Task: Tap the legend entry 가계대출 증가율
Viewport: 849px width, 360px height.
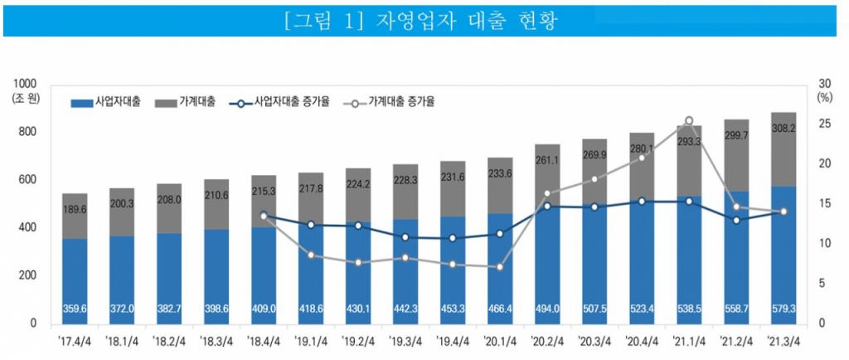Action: (x=391, y=101)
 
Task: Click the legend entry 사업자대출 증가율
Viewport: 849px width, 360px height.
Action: (x=281, y=101)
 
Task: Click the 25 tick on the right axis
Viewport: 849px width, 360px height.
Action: (x=822, y=124)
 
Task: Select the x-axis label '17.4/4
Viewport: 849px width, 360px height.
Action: (x=75, y=340)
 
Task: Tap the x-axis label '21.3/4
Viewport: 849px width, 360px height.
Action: (x=784, y=340)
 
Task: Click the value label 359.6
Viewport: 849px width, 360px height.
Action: (x=75, y=309)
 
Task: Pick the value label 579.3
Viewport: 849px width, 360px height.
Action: (x=784, y=309)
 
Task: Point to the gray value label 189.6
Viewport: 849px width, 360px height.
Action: (x=75, y=210)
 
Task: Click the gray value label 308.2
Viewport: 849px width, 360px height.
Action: (x=784, y=129)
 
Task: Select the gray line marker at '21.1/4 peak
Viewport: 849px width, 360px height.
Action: (x=689, y=121)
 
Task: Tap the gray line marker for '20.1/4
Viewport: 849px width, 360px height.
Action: (x=500, y=267)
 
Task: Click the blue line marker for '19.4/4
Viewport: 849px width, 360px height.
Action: (x=453, y=238)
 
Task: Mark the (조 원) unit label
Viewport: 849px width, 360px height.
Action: (x=26, y=100)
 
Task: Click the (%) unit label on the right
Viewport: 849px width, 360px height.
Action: (x=824, y=97)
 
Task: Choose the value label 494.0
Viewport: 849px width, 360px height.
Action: (x=547, y=309)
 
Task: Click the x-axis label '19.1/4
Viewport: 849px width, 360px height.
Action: (x=311, y=340)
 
